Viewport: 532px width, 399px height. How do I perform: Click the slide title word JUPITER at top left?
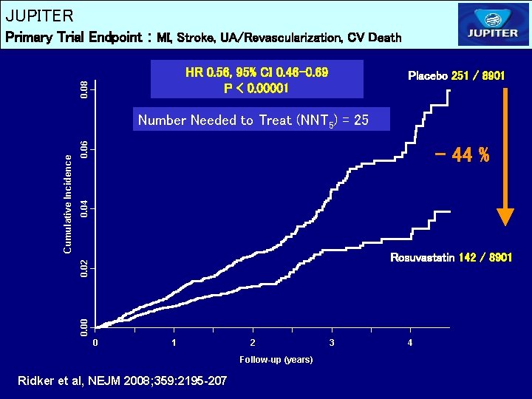click(x=39, y=16)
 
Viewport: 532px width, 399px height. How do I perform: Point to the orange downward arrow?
click(x=505, y=155)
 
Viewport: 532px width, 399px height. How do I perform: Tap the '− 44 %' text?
click(x=463, y=156)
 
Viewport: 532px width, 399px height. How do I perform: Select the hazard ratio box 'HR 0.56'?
click(x=257, y=80)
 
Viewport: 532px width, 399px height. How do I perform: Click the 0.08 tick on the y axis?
click(x=86, y=90)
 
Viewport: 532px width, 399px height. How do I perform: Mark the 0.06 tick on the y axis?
click(x=86, y=150)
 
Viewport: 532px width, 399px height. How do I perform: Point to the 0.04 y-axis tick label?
click(x=86, y=208)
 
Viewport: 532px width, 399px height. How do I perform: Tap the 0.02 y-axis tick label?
click(x=86, y=267)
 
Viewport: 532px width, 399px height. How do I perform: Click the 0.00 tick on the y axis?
click(x=86, y=324)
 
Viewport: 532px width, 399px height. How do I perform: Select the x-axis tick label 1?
click(x=174, y=343)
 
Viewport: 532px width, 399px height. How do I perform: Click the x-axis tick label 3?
click(x=332, y=343)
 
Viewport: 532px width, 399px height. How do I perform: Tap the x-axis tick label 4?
click(x=411, y=343)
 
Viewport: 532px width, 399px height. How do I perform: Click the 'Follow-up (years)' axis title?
click(x=276, y=360)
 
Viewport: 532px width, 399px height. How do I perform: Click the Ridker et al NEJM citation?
click(x=122, y=381)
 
